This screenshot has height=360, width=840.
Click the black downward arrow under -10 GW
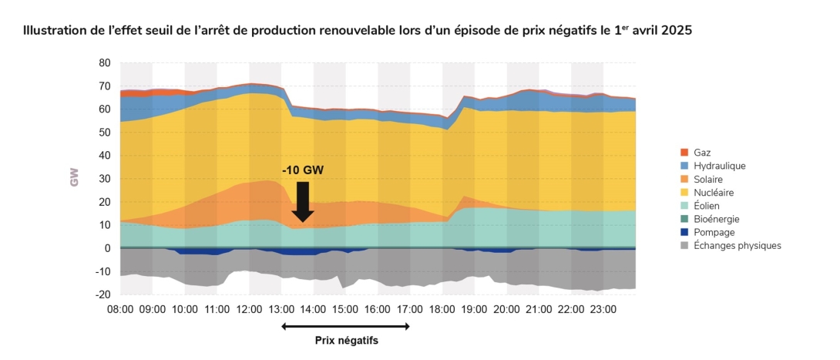tap(303, 201)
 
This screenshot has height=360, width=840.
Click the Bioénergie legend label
tap(716, 219)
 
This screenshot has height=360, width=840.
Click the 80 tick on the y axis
tap(106, 62)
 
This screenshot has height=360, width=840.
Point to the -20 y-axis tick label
tap(102, 295)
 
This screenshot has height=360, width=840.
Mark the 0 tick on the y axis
tap(109, 249)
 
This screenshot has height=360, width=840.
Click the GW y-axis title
tap(75, 178)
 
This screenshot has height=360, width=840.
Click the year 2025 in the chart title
tap(675, 32)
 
